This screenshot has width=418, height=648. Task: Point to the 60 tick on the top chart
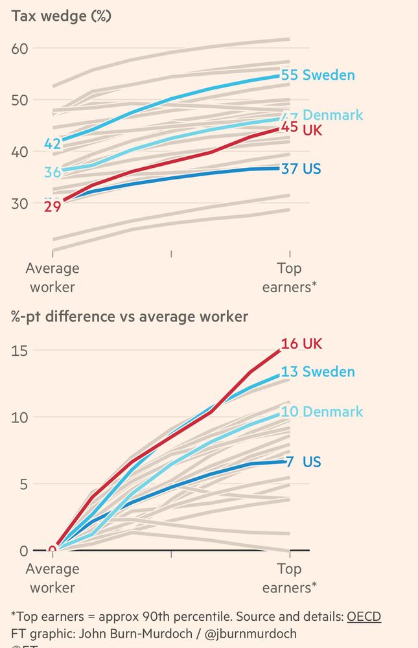(x=19, y=48)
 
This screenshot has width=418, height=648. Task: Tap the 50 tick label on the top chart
(x=19, y=100)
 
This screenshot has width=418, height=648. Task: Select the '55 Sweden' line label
(x=318, y=75)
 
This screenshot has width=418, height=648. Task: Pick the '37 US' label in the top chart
(x=301, y=169)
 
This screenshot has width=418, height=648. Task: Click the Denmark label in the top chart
(x=332, y=115)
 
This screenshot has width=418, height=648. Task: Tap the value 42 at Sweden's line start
(x=52, y=144)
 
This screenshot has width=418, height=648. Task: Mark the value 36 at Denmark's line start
(x=52, y=172)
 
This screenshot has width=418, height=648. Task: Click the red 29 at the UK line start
(x=52, y=207)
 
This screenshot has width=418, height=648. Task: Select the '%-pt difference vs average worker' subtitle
(x=129, y=317)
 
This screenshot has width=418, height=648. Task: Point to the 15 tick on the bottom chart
(x=19, y=350)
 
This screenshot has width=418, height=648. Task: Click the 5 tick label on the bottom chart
(x=23, y=483)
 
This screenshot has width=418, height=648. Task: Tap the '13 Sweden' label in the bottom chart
(x=318, y=372)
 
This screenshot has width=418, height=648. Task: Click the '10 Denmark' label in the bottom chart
(x=322, y=411)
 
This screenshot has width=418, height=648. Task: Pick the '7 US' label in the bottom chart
(x=303, y=462)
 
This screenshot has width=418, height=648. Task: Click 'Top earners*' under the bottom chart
(x=289, y=579)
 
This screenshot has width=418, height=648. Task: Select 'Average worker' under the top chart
(x=52, y=277)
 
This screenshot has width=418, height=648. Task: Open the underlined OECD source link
(x=364, y=615)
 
